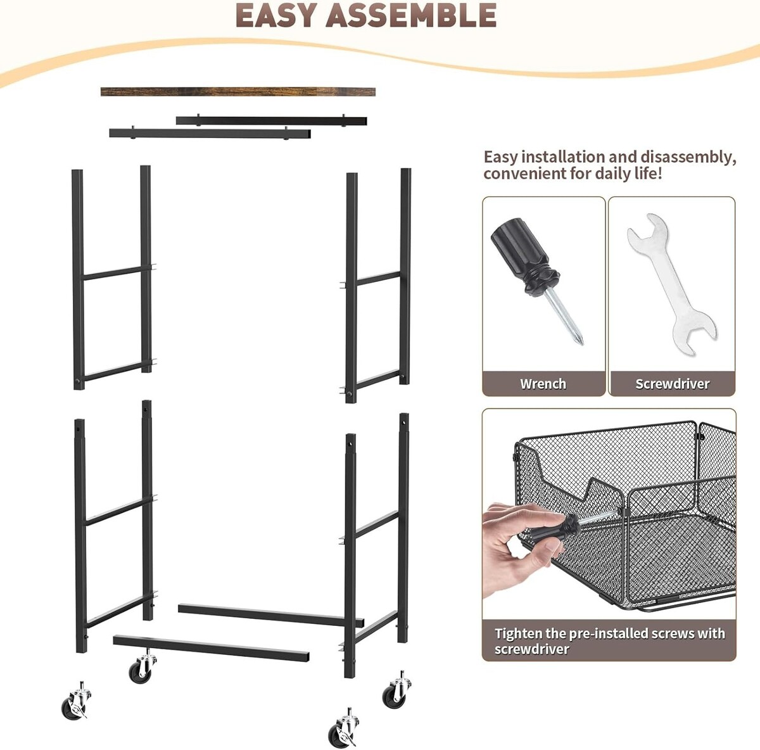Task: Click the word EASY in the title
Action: click(x=276, y=16)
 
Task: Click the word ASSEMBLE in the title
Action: click(x=411, y=16)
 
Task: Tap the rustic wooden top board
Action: click(x=238, y=92)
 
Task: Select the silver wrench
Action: click(x=672, y=284)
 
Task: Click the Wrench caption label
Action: click(x=543, y=384)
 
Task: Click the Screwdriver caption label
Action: click(x=672, y=384)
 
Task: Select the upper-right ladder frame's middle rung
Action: click(x=379, y=279)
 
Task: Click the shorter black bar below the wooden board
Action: click(x=210, y=134)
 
